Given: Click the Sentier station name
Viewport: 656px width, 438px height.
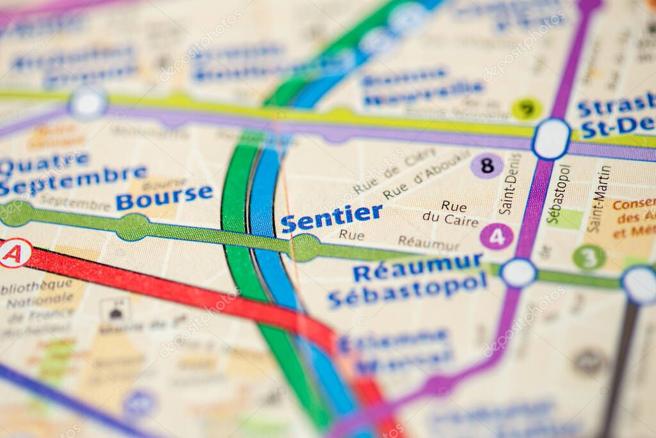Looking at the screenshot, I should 331,218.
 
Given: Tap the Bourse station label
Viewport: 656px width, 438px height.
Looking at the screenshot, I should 164,196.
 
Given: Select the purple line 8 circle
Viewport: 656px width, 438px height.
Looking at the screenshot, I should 487,165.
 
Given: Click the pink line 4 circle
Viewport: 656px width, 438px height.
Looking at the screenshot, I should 496,237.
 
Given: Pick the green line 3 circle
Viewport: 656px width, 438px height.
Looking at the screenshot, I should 589,257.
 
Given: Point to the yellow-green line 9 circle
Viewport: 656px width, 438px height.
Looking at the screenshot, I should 527,109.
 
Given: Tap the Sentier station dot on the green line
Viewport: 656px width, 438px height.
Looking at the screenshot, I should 306,248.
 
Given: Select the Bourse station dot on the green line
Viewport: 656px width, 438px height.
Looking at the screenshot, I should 133,227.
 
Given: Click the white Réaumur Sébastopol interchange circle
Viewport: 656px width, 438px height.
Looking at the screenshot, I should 518,273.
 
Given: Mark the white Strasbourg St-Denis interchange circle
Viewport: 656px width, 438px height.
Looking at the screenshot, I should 551,139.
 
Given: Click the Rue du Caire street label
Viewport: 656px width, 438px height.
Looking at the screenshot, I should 450,214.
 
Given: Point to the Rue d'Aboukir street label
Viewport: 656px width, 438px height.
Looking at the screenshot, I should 426,175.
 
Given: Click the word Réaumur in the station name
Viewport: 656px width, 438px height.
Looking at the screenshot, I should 418,267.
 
